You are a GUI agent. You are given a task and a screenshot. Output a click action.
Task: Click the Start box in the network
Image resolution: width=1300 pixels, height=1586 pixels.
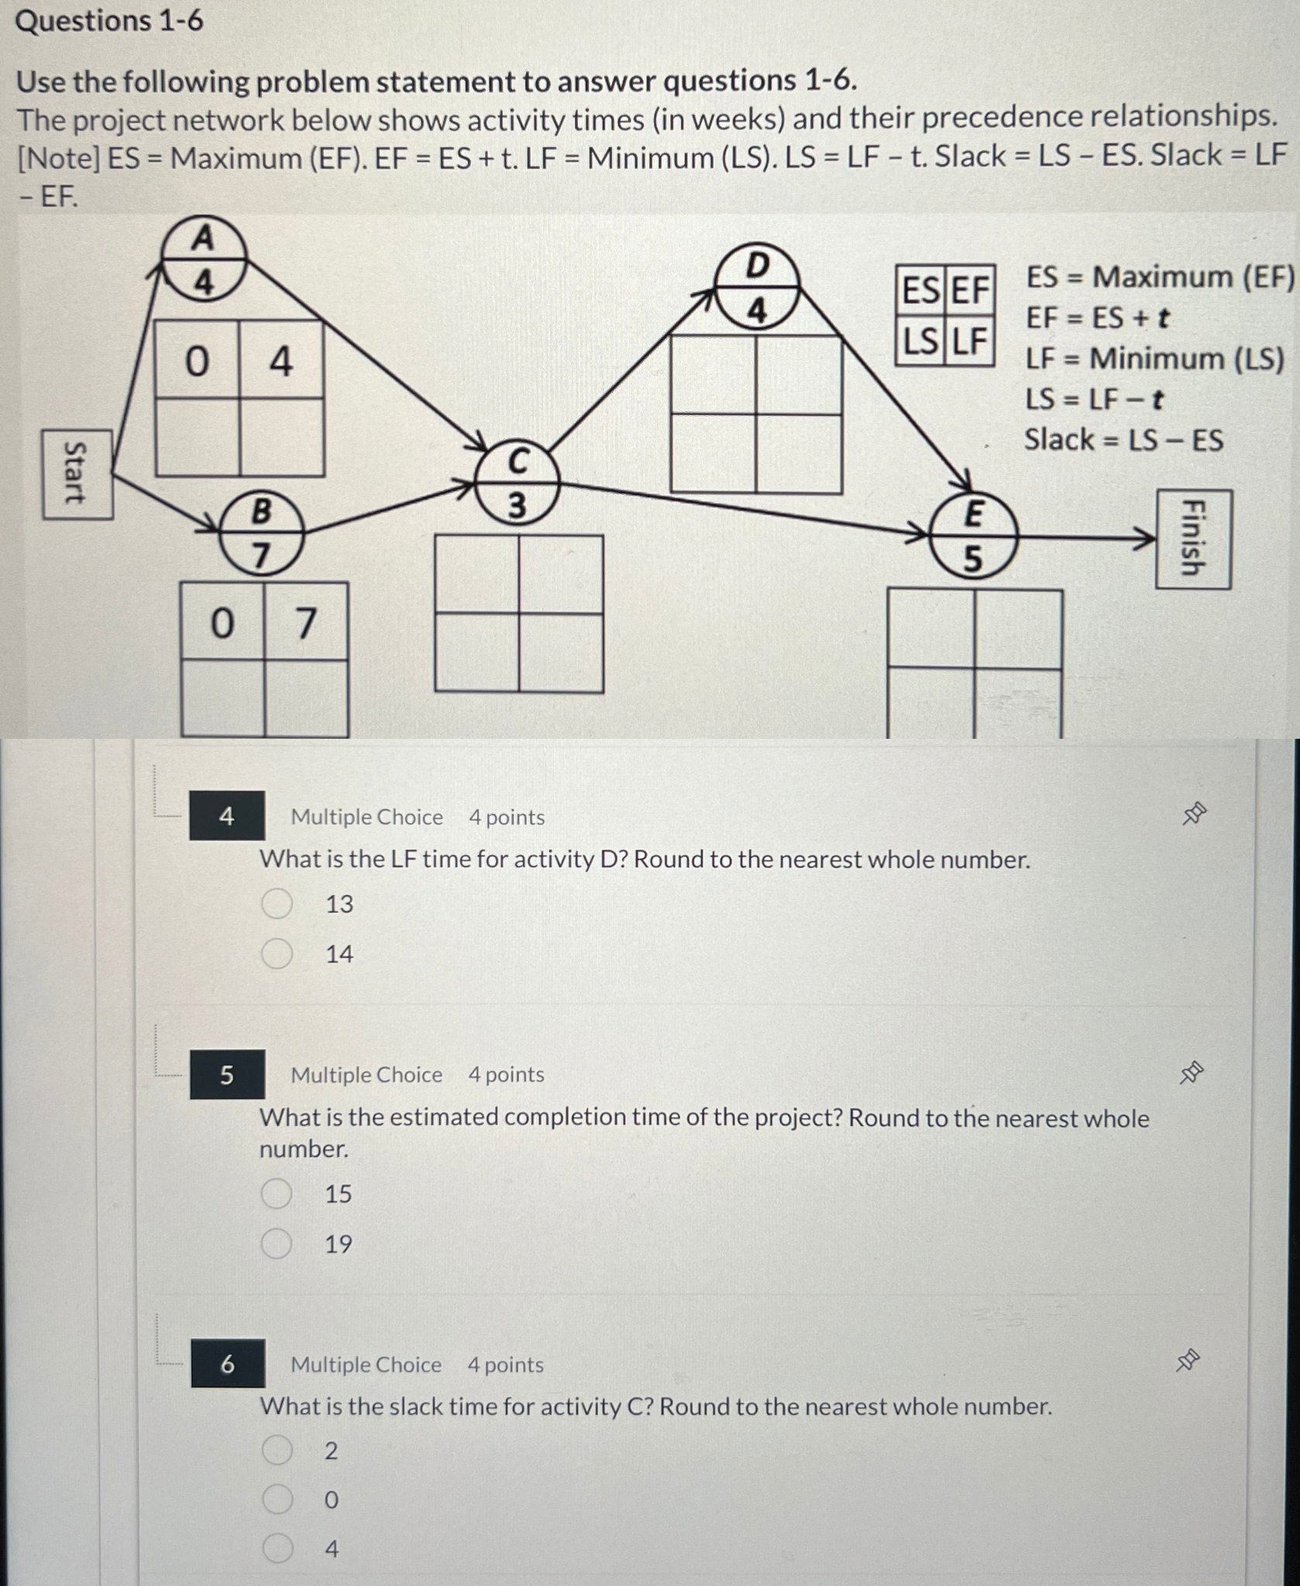tap(77, 475)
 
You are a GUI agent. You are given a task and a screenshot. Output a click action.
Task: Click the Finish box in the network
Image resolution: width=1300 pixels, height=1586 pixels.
tap(1193, 539)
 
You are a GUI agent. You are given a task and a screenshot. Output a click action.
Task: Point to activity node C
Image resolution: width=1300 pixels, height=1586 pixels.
tap(517, 484)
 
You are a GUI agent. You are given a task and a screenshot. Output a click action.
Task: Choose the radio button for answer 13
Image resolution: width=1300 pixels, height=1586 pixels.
tap(277, 904)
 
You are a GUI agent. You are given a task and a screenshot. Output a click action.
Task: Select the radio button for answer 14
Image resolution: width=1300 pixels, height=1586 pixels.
tap(277, 954)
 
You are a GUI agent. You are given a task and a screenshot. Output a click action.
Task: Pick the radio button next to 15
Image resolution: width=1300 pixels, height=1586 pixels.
tap(276, 1194)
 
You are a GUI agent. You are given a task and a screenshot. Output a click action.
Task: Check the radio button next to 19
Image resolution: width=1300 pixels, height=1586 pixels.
tap(276, 1244)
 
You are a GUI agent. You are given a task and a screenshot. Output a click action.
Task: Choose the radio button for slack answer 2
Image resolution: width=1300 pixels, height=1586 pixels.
tap(277, 1450)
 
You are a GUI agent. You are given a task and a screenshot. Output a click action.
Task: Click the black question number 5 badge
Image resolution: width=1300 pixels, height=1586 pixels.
tap(227, 1075)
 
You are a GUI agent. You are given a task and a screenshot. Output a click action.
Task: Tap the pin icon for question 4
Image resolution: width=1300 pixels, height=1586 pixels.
tap(1193, 815)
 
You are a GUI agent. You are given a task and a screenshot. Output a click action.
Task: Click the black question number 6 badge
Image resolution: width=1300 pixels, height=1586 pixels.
tap(228, 1364)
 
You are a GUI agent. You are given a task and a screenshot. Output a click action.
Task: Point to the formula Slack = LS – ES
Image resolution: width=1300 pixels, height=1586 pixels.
tap(1123, 441)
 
